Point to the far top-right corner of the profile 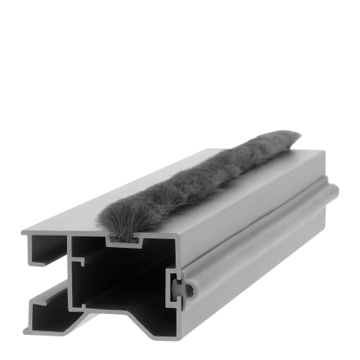coord(323,151)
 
